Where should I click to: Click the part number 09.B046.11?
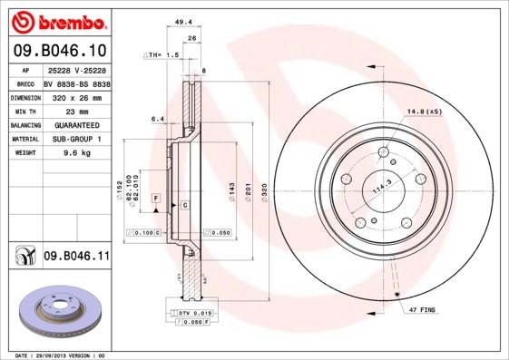(x=76, y=258)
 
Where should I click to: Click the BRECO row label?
(x=25, y=81)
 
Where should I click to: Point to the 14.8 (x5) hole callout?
(x=424, y=112)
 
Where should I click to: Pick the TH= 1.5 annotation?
(x=162, y=55)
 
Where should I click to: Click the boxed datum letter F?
(x=156, y=197)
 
